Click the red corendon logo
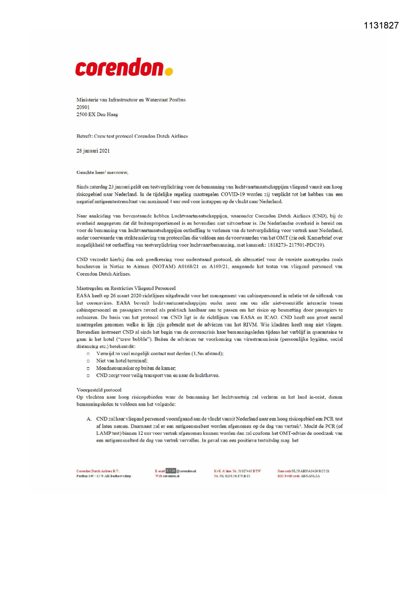(x=120, y=67)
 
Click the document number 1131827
(x=381, y=26)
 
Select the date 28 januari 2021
(x=93, y=151)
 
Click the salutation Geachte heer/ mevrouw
(x=102, y=172)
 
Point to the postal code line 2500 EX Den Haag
(x=97, y=114)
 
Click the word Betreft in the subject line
(x=84, y=136)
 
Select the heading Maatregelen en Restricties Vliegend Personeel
(x=126, y=288)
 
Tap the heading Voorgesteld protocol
(x=99, y=390)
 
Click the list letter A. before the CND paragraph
(x=89, y=419)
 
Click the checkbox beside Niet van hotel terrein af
(x=88, y=361)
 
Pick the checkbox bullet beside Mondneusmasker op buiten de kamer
(x=88, y=369)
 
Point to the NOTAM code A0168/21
(x=188, y=267)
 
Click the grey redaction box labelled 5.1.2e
(x=171, y=470)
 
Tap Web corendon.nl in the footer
(x=167, y=476)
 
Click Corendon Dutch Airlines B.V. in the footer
(x=98, y=471)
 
